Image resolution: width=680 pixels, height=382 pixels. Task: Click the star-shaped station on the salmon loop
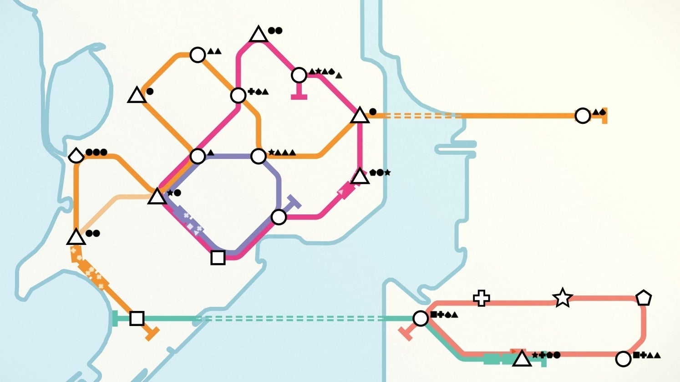click(x=562, y=298)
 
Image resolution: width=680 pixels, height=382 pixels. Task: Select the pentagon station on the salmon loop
click(x=643, y=298)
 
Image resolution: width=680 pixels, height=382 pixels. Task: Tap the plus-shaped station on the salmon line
click(x=481, y=298)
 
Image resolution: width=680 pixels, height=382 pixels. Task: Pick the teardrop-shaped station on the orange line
click(x=76, y=156)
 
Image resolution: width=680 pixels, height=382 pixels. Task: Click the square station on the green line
click(x=137, y=318)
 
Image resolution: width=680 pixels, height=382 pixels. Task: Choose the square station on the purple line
click(x=218, y=257)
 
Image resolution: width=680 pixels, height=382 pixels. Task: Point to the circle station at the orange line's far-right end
click(x=583, y=116)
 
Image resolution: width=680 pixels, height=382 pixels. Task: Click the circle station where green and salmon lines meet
click(x=420, y=318)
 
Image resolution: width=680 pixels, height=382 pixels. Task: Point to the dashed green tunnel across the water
click(x=291, y=319)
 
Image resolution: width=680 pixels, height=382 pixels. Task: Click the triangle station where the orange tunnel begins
click(x=360, y=116)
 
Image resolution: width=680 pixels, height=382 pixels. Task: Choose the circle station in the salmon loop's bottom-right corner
click(x=623, y=359)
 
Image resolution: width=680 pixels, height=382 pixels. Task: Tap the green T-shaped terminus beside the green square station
click(x=115, y=318)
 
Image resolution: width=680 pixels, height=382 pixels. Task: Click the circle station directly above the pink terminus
click(x=299, y=75)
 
